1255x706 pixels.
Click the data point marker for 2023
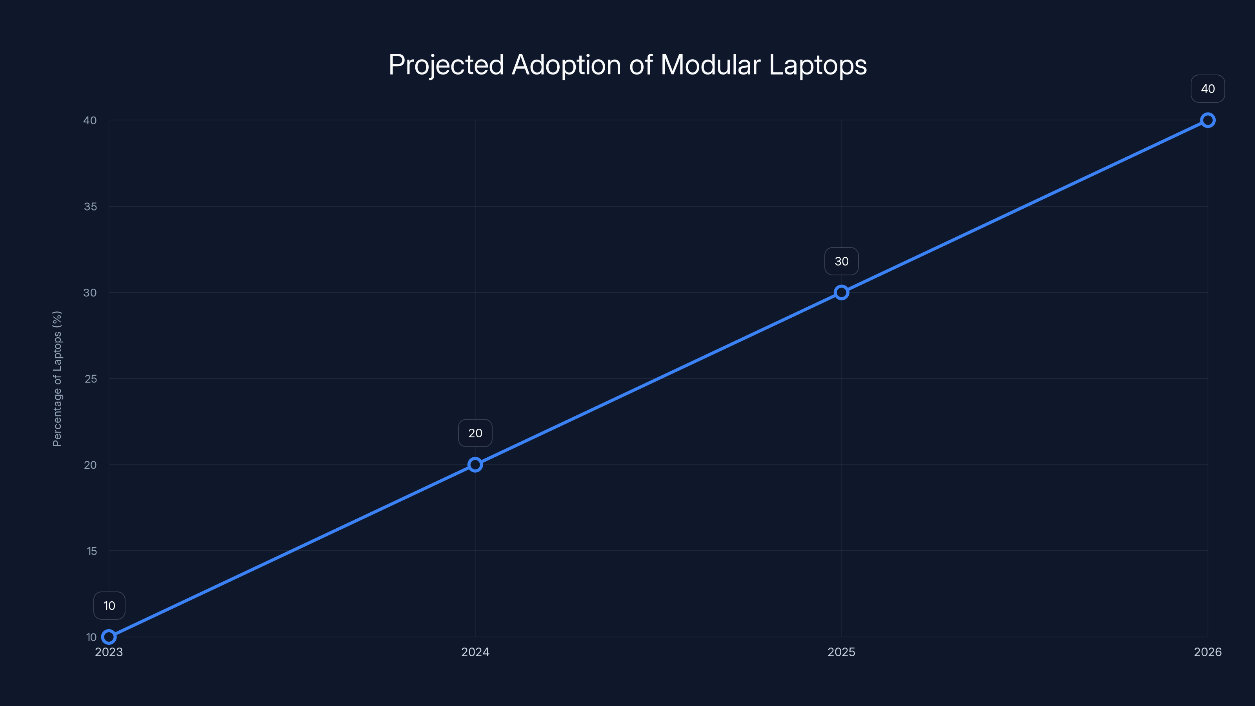[109, 637]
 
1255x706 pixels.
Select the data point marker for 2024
[475, 465]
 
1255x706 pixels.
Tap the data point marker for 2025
[841, 292]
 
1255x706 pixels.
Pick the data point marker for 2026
[1208, 120]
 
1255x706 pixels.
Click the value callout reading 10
[109, 606]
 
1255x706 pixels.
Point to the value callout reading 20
[475, 433]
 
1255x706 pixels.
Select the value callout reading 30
[841, 262]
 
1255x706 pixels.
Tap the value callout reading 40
[1208, 89]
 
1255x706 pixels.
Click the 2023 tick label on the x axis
[109, 652]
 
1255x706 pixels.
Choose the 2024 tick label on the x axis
[475, 652]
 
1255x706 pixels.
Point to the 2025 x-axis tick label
[841, 652]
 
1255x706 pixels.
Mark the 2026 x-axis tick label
[1208, 652]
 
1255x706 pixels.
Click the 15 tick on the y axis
[92, 551]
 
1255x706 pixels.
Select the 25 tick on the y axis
[91, 378]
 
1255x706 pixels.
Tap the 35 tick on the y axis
[90, 207]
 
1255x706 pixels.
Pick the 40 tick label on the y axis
[90, 120]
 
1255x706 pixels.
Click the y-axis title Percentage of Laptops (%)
[57, 378]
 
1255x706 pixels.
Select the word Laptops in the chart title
[818, 65]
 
